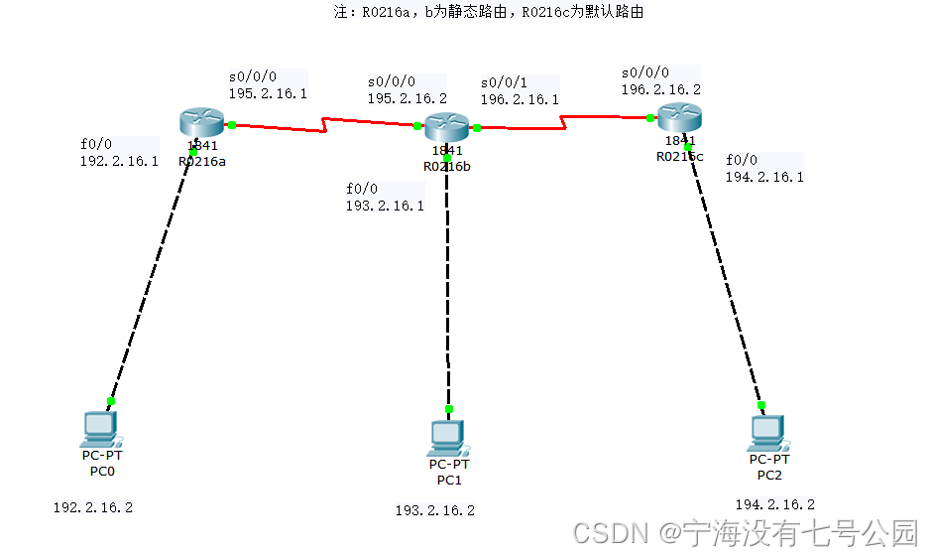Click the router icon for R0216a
tap(203, 122)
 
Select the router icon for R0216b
tap(446, 126)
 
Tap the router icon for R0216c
tap(680, 117)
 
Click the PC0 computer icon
tap(100, 428)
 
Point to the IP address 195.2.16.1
tap(268, 94)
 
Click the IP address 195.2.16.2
tap(407, 99)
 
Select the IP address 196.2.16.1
tap(520, 99)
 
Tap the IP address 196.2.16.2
tap(660, 89)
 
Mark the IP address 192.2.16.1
tap(119, 161)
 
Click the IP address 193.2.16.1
tap(385, 206)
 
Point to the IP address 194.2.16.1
tap(764, 177)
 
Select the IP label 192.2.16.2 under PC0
tap(92, 507)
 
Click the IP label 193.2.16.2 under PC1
tap(434, 510)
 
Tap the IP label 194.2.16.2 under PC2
tap(774, 504)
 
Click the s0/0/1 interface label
tap(504, 82)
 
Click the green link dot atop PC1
tap(449, 409)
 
